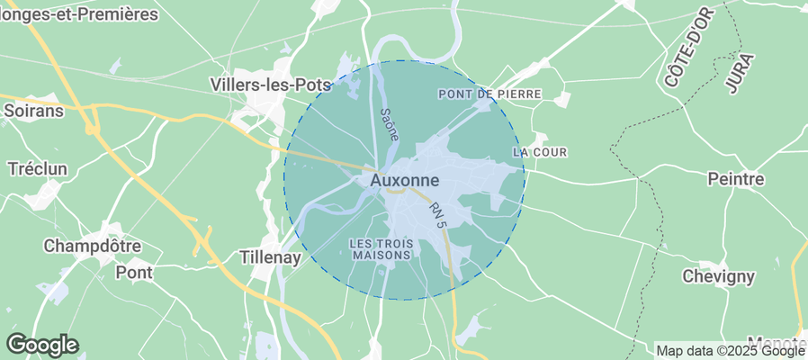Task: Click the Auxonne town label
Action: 404,181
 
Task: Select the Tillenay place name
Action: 275,256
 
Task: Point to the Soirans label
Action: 33,111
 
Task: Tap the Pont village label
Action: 134,271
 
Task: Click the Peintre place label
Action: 736,179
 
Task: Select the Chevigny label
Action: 717,276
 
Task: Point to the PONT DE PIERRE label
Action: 489,94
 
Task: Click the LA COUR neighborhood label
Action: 540,152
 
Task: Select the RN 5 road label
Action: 438,213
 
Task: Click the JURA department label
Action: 739,74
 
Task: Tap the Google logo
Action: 42,344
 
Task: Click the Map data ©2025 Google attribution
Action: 730,351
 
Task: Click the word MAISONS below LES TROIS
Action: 381,255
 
